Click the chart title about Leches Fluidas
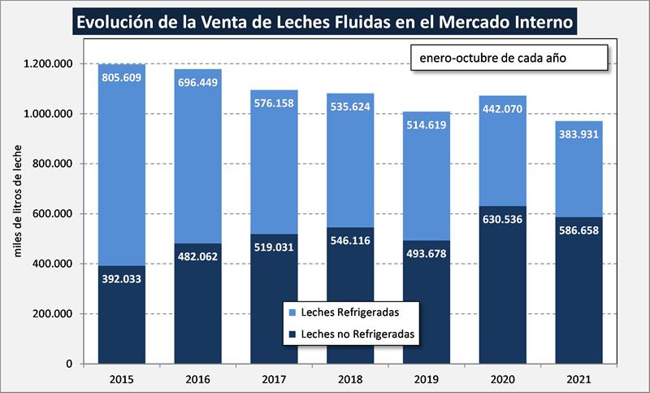click(x=324, y=22)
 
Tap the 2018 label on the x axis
click(x=348, y=378)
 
